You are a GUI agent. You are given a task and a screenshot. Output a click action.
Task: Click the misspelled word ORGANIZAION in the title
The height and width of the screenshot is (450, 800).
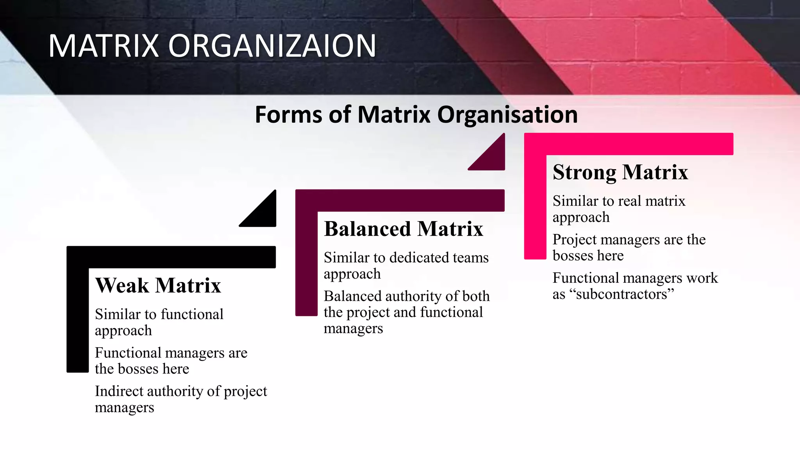(x=272, y=46)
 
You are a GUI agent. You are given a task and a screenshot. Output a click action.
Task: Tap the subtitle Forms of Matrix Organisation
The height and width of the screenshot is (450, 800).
(x=416, y=114)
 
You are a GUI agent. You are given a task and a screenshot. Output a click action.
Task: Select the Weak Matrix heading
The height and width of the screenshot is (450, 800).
(x=158, y=285)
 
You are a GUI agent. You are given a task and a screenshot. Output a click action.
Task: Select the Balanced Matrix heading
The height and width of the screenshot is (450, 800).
(x=404, y=229)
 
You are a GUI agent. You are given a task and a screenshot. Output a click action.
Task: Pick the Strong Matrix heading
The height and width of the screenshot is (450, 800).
(x=620, y=172)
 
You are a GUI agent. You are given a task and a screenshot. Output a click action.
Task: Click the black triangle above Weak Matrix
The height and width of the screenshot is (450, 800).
(x=263, y=213)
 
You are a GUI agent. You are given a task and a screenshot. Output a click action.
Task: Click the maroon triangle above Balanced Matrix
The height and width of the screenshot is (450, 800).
(x=492, y=156)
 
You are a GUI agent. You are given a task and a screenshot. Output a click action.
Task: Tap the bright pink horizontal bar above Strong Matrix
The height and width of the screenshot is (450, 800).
(x=629, y=144)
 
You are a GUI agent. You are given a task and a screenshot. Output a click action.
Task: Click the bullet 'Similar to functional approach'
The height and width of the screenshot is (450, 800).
(x=159, y=322)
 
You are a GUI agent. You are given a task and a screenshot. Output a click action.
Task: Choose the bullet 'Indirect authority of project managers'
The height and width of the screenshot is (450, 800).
(x=181, y=399)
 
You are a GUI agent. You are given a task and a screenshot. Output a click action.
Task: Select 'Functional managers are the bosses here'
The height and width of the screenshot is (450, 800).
(x=171, y=361)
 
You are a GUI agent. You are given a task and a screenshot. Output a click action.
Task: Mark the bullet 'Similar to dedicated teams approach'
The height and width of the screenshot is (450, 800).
(x=406, y=266)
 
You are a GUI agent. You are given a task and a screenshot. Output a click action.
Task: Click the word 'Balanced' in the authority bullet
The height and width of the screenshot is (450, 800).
(x=352, y=296)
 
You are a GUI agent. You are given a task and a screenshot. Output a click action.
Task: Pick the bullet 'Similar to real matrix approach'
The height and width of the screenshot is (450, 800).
(x=619, y=209)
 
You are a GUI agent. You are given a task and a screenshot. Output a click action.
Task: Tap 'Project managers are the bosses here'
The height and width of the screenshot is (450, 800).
(x=629, y=247)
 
